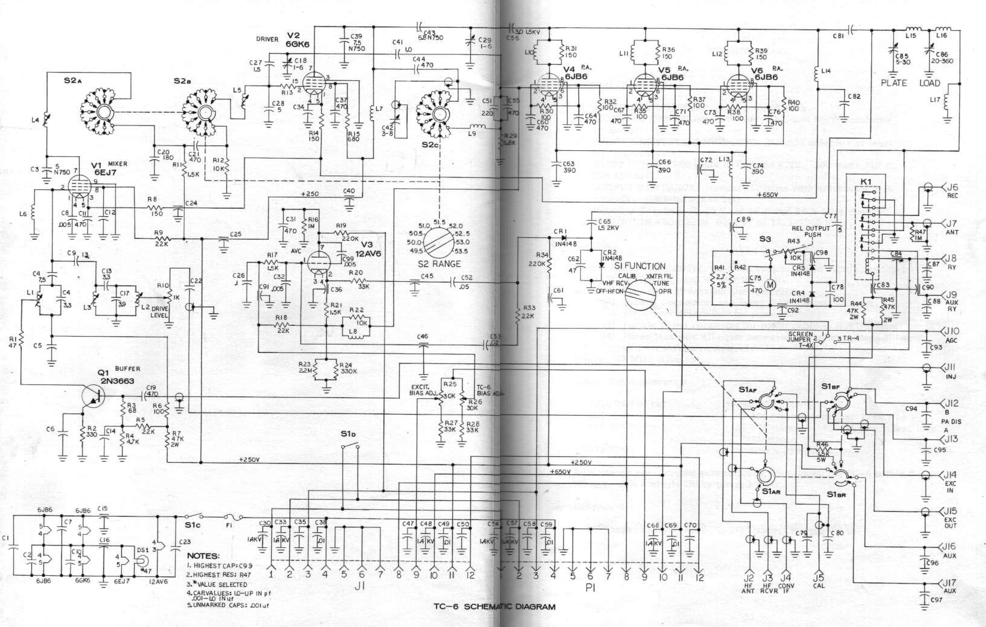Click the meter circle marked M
(769, 284)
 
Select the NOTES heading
(203, 556)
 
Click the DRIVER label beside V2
(266, 40)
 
